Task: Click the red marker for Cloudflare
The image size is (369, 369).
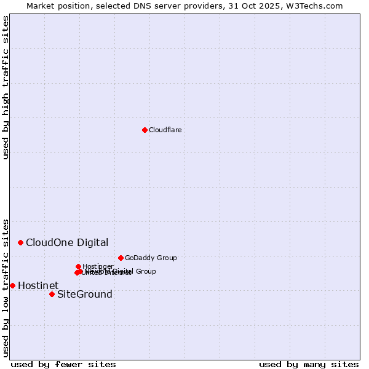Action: (145, 130)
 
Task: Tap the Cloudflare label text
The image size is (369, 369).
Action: (165, 130)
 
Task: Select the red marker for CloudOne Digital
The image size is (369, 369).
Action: (20, 242)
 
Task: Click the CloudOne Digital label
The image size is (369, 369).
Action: (67, 242)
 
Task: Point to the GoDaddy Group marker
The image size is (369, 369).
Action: (121, 258)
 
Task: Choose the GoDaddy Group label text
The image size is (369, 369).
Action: (151, 258)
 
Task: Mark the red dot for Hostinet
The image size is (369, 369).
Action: (12, 285)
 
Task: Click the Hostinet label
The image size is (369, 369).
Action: (38, 285)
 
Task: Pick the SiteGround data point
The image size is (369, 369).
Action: (52, 294)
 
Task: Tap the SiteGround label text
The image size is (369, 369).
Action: (85, 294)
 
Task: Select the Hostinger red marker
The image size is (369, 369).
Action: (78, 266)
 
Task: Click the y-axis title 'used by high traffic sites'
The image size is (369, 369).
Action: (6, 87)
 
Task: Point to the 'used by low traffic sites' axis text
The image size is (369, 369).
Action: (6, 287)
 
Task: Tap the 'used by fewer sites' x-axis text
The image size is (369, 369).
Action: (63, 364)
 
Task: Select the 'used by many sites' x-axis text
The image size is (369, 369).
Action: (309, 364)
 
